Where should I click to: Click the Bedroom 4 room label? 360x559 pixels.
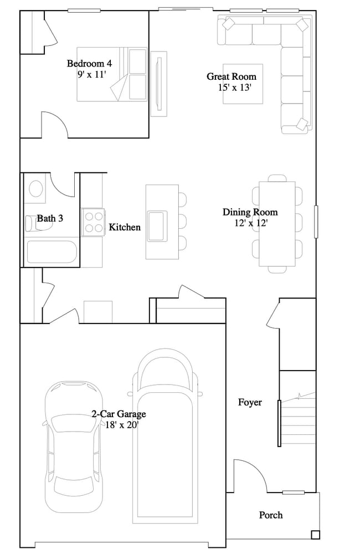(85, 63)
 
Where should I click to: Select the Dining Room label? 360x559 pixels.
(250, 212)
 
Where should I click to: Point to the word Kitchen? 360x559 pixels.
(125, 227)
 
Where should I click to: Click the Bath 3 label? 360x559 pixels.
(50, 218)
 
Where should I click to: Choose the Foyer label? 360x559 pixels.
(250, 402)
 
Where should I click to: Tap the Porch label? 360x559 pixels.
(271, 515)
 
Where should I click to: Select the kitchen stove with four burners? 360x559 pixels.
(94, 222)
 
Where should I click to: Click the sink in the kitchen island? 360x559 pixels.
(157, 225)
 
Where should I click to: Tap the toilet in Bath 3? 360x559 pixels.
(30, 222)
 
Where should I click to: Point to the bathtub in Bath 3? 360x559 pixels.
(51, 252)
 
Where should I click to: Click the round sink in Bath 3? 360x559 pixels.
(36, 188)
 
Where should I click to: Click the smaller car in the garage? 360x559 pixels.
(74, 446)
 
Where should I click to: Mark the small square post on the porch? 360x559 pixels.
(315, 535)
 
